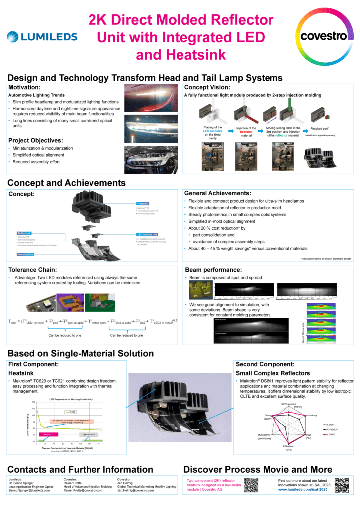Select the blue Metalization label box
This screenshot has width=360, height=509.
tap(26, 254)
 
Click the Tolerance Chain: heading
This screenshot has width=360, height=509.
tap(36, 270)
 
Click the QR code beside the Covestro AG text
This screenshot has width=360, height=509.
tap(252, 485)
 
